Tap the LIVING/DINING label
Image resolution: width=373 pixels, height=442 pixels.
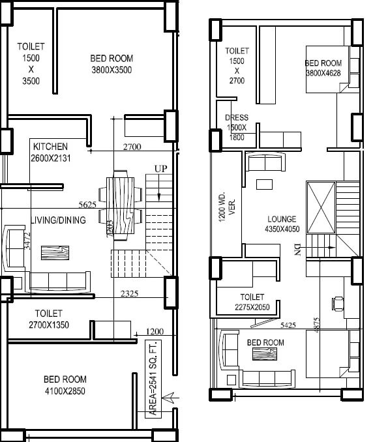pyautogui.click(x=58, y=220)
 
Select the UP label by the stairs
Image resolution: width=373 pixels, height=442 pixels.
pyautogui.click(x=160, y=169)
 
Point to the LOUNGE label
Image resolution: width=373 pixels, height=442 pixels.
pyautogui.click(x=282, y=219)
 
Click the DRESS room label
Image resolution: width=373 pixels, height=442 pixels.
pyautogui.click(x=236, y=118)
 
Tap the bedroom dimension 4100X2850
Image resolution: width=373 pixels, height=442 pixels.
pyautogui.click(x=64, y=392)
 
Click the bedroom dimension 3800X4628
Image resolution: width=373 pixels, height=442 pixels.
pyautogui.click(x=323, y=73)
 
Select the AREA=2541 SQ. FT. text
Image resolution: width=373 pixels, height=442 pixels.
pyautogui.click(x=153, y=377)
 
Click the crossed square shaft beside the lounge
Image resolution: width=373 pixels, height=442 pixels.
pyautogui.click(x=320, y=207)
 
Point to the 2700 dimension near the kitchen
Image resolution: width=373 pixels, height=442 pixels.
pyautogui.click(x=132, y=147)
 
